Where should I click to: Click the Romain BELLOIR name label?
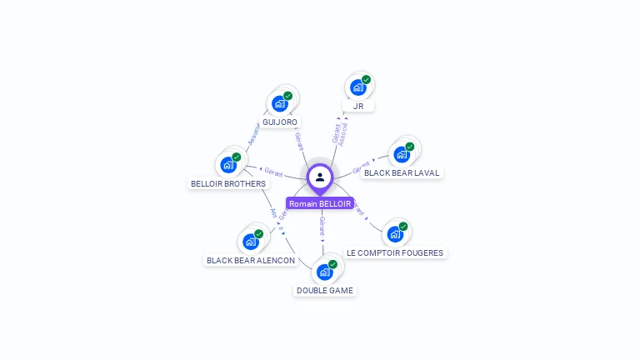coord(320,203)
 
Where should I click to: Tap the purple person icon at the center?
coord(320,177)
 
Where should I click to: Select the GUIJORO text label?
coord(280,122)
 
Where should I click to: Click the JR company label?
coord(358,106)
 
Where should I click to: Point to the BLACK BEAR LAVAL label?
coord(402,173)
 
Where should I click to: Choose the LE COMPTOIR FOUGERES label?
coord(396,252)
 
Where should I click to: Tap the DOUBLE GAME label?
coord(325,291)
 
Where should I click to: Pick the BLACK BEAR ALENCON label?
coord(251,260)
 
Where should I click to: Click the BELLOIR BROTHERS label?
coord(228,184)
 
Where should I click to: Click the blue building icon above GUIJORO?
coord(279,104)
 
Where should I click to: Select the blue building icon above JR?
coord(357,87)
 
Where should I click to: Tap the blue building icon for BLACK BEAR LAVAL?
coord(402,154)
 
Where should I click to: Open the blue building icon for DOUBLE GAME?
coord(324,272)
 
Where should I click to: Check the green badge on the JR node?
coord(367,80)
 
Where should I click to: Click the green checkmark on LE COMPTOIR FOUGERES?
coord(403,226)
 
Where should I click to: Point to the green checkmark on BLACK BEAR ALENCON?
coord(258,234)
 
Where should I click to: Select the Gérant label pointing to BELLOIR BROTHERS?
coord(273,171)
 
